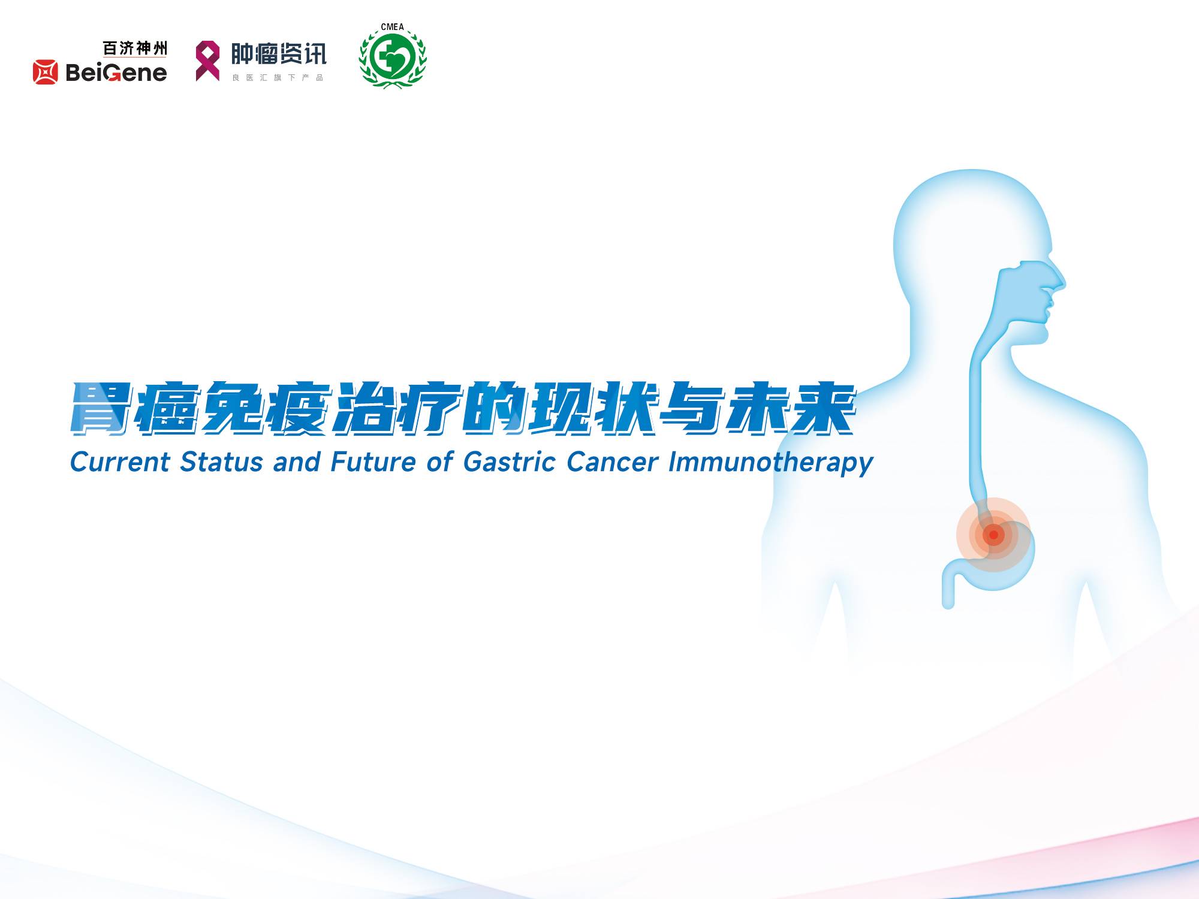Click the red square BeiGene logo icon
[x=46, y=72]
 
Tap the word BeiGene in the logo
[x=116, y=73]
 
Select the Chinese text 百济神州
[x=135, y=48]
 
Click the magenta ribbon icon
[x=207, y=61]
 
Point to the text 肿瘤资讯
[x=279, y=54]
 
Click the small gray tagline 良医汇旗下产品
[x=278, y=77]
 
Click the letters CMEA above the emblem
[x=393, y=27]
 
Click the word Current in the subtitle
[x=120, y=462]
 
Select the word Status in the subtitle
[x=222, y=462]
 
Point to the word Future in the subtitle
[x=373, y=462]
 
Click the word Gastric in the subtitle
[x=510, y=462]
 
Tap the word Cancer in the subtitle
[x=612, y=462]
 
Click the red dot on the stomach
[x=993, y=535]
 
